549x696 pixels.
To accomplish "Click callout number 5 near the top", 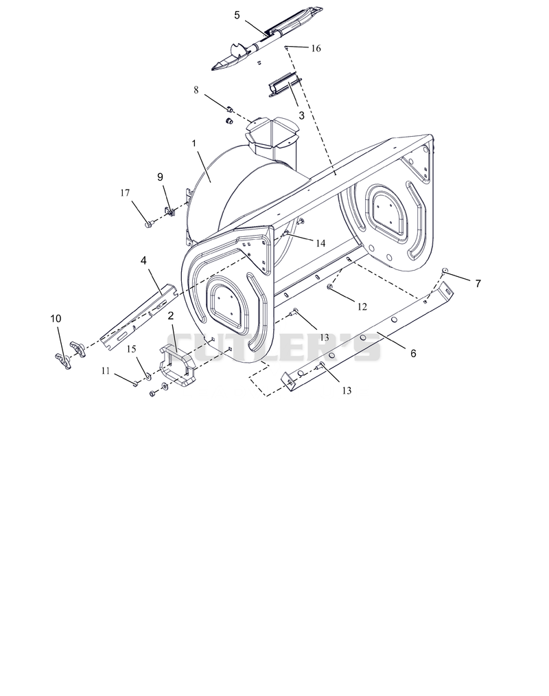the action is point(237,16).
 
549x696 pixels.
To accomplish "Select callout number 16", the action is point(316,48).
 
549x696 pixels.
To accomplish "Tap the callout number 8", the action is point(196,90).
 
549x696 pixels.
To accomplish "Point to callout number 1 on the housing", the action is point(194,144).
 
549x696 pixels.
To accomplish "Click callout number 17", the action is point(125,192).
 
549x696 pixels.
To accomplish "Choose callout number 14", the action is point(320,243).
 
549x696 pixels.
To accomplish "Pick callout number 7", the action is point(478,284).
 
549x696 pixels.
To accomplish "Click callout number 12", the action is point(362,306).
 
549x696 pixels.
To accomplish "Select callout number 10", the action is point(56,319).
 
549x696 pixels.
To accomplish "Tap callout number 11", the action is point(105,370).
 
